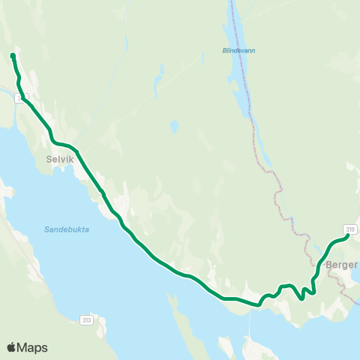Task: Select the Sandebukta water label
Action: click(66, 229)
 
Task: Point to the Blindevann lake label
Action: click(238, 51)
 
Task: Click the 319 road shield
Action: click(350, 229)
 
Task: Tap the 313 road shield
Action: click(87, 320)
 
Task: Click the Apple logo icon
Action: click(12, 347)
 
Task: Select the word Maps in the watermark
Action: click(33, 348)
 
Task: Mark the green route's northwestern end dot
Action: click(13, 55)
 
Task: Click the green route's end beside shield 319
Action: click(346, 238)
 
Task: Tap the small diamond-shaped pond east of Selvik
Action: click(174, 126)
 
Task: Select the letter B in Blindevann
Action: click(225, 51)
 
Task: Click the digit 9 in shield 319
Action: click(353, 229)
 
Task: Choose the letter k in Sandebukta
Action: click(77, 229)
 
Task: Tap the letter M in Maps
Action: click(24, 348)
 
